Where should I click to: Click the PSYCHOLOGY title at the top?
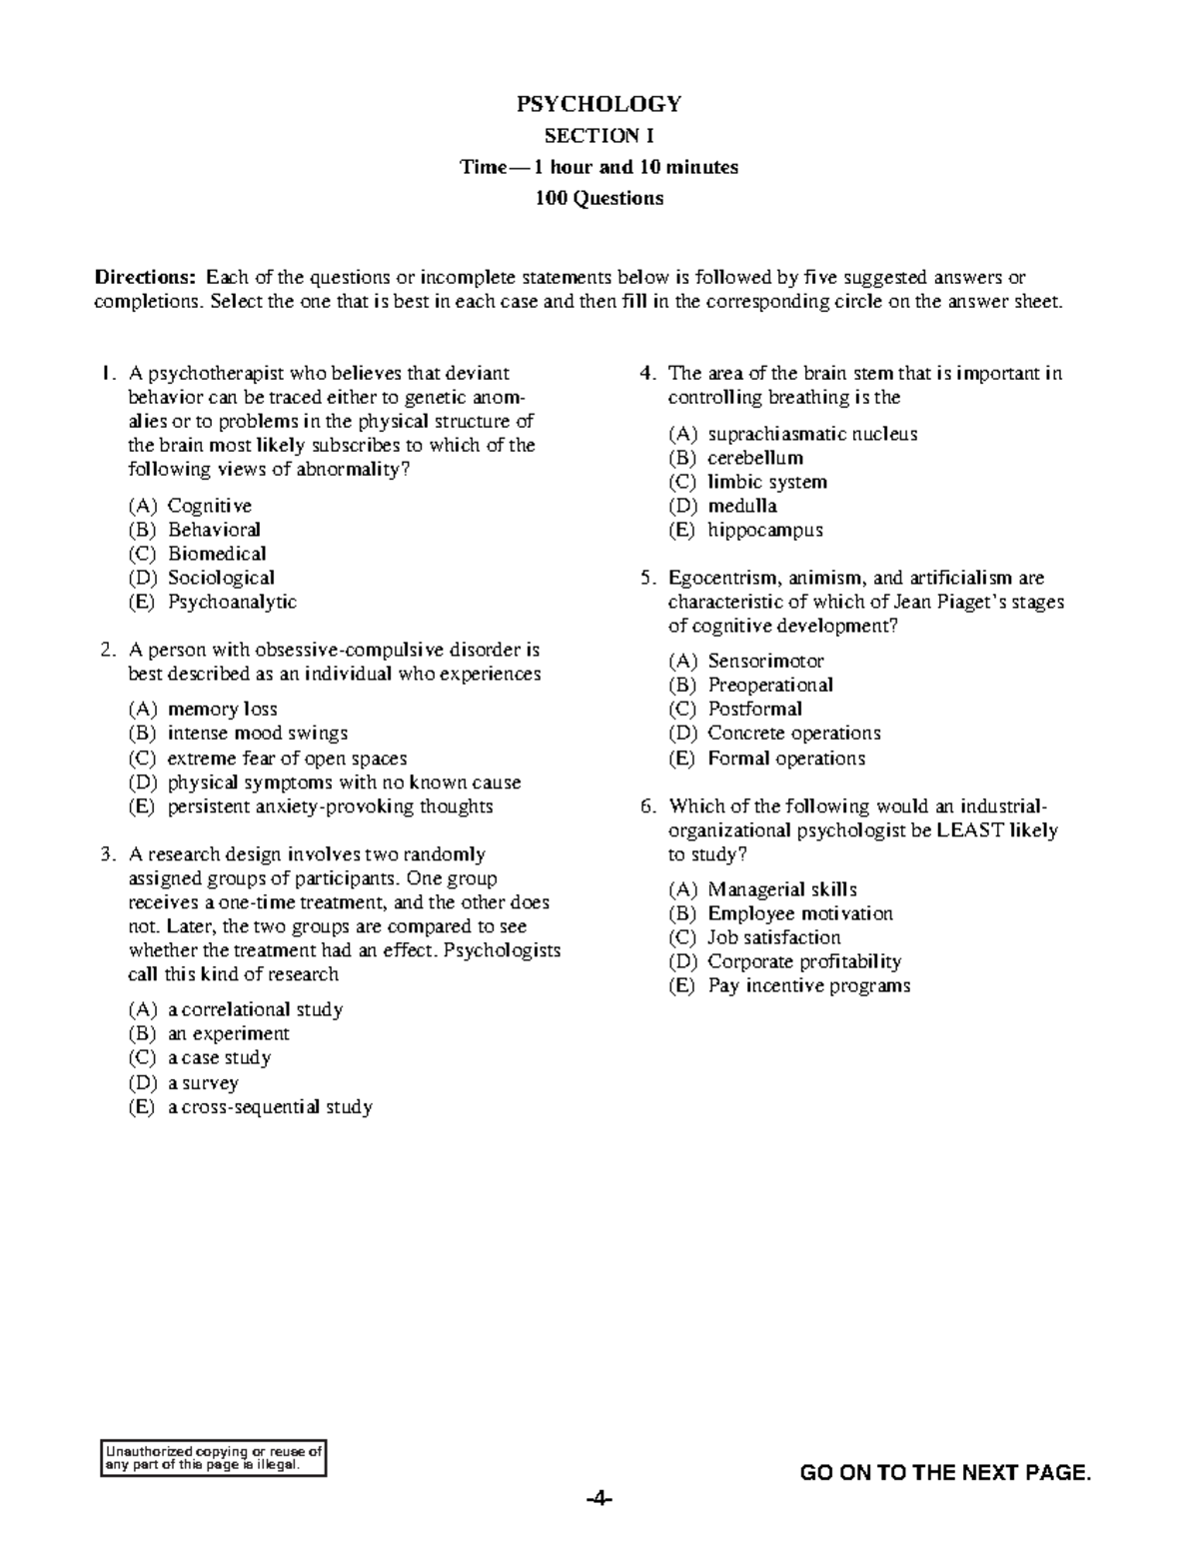coord(599,104)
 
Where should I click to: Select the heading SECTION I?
coord(599,136)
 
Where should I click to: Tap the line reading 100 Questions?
coord(599,198)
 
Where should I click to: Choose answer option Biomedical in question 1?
coord(217,554)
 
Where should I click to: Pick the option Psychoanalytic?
coord(232,602)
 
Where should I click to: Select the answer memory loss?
coord(222,709)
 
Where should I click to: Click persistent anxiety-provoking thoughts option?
coord(330,806)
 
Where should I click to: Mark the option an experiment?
coord(228,1033)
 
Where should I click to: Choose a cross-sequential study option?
coord(270,1106)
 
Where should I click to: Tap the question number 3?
coord(106,854)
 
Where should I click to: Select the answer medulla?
coord(741,506)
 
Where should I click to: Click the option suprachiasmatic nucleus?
coord(811,434)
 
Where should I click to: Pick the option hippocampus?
coord(764,530)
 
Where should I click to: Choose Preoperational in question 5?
coord(769,685)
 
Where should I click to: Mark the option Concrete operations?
coord(793,733)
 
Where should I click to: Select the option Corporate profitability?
coord(803,961)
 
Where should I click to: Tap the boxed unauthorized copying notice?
coord(214,1458)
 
